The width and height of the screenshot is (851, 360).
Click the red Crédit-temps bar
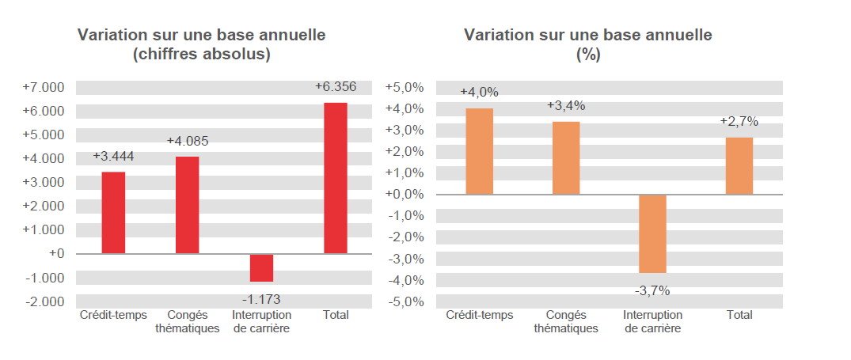pyautogui.click(x=113, y=213)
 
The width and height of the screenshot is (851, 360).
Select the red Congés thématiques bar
pyautogui.click(x=188, y=205)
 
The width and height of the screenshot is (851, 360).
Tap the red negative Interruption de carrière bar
pyautogui.click(x=261, y=267)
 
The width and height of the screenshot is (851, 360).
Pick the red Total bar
pyautogui.click(x=336, y=178)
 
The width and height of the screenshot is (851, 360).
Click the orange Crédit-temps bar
pyautogui.click(x=479, y=151)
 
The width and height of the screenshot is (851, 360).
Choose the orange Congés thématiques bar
pyautogui.click(x=566, y=157)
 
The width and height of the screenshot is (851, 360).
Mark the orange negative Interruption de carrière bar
pyautogui.click(x=652, y=233)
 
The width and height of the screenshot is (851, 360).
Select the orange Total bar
pyautogui.click(x=739, y=165)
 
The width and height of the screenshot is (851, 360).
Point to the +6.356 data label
pyautogui.click(x=336, y=87)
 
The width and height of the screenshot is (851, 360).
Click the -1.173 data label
pyautogui.click(x=261, y=299)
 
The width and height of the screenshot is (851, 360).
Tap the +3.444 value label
pyautogui.click(x=113, y=156)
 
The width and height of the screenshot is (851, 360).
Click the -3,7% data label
pyautogui.click(x=652, y=290)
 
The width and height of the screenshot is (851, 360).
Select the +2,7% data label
pyautogui.click(x=739, y=122)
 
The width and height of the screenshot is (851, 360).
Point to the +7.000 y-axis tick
pyautogui.click(x=44, y=87)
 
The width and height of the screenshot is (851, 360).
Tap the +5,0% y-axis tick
pyautogui.click(x=405, y=87)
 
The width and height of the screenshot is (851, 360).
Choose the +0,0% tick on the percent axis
pyautogui.click(x=405, y=195)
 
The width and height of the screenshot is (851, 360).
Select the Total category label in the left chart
pyautogui.click(x=336, y=315)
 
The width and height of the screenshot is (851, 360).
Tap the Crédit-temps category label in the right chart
pyautogui.click(x=479, y=315)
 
